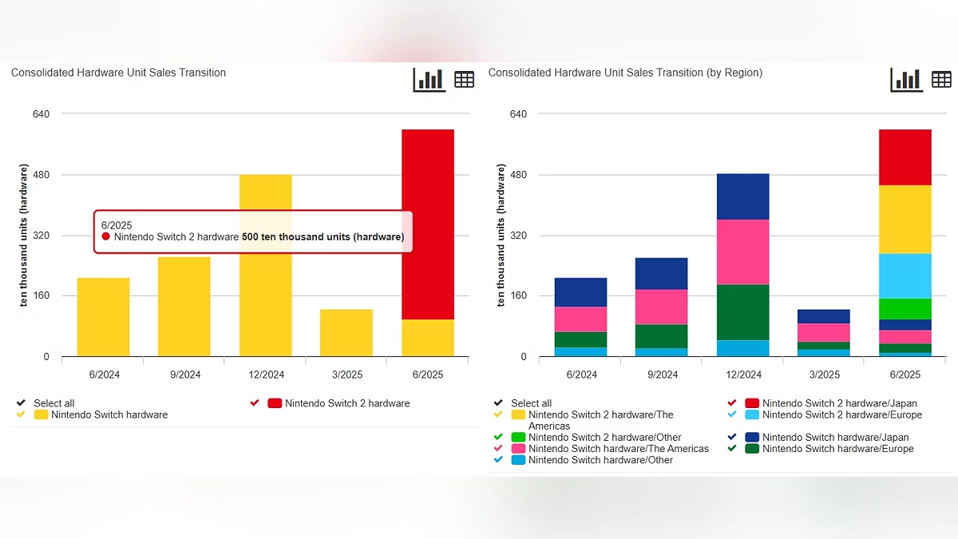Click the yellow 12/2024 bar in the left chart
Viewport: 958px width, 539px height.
[265, 303]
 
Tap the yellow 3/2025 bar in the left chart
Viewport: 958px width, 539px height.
[346, 332]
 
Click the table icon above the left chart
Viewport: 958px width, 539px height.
[464, 79]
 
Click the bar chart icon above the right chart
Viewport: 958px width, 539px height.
[907, 79]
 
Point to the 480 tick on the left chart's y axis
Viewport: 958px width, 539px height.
[41, 175]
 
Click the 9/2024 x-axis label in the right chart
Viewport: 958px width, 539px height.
[662, 375]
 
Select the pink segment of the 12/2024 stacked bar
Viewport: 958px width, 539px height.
[742, 252]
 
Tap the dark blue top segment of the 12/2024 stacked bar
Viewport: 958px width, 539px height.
[742, 196]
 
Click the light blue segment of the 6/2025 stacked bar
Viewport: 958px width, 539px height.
[905, 275]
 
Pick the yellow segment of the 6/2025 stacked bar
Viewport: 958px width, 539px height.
[905, 219]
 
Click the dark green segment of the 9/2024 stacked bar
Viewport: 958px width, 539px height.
[662, 336]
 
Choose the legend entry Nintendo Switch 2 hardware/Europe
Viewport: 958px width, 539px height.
[841, 414]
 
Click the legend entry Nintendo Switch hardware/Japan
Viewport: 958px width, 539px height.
[835, 438]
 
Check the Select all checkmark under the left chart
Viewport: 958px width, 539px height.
[20, 403]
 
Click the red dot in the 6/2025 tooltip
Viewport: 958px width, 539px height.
[106, 237]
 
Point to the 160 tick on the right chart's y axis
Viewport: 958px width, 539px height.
[518, 296]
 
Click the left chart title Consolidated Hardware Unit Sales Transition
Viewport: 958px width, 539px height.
[118, 73]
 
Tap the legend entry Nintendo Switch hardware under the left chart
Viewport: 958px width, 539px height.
[109, 414]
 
